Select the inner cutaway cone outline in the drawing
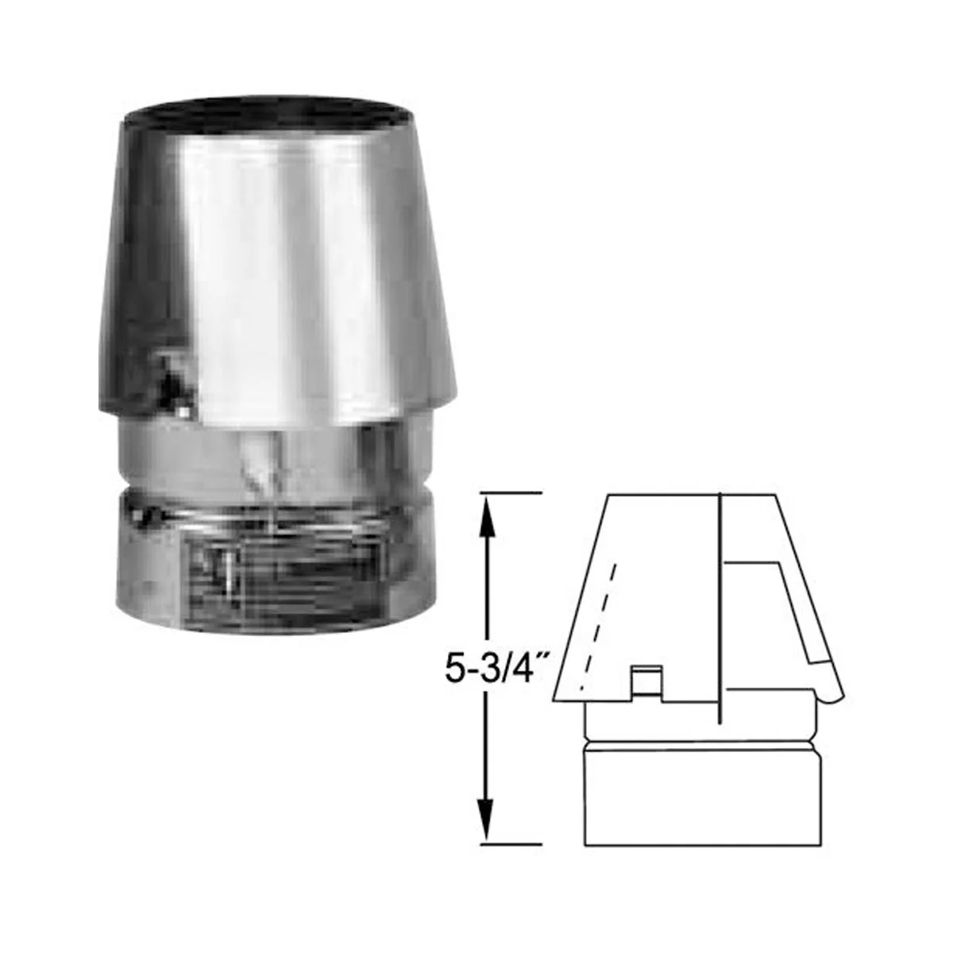pyautogui.click(x=774, y=612)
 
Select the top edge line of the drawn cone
pyautogui.click(x=691, y=493)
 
